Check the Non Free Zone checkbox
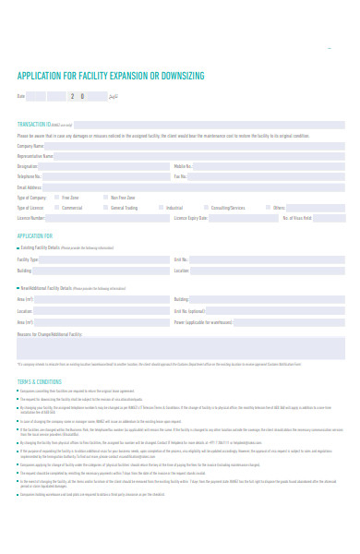click(x=106, y=198)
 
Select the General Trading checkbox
click(x=106, y=208)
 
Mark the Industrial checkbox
click(x=161, y=208)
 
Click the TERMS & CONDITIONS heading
click(x=39, y=379)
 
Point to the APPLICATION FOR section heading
click(x=35, y=236)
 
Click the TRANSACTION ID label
click(x=35, y=123)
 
